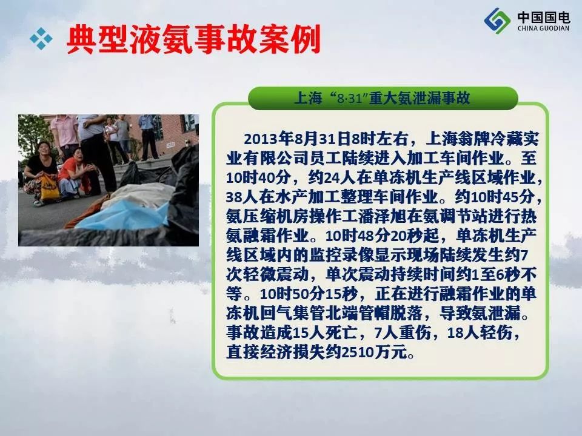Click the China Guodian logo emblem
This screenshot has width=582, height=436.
[x=497, y=21]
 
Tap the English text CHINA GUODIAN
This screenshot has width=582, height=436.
[x=543, y=28]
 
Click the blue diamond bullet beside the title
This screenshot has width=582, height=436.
[x=41, y=38]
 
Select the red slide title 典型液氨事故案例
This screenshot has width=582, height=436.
[x=193, y=39]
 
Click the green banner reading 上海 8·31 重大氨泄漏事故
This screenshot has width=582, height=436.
[x=383, y=98]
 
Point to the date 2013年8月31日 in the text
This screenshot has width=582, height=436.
[x=297, y=139]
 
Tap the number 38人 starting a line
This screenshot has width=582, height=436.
[x=242, y=197]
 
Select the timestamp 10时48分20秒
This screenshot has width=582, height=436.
[x=383, y=236]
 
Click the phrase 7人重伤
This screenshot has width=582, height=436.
[x=403, y=332]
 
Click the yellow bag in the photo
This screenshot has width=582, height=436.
[x=49, y=188]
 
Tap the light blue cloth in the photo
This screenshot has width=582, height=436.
[x=122, y=216]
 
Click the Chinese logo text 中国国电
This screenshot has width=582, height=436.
[x=543, y=17]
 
